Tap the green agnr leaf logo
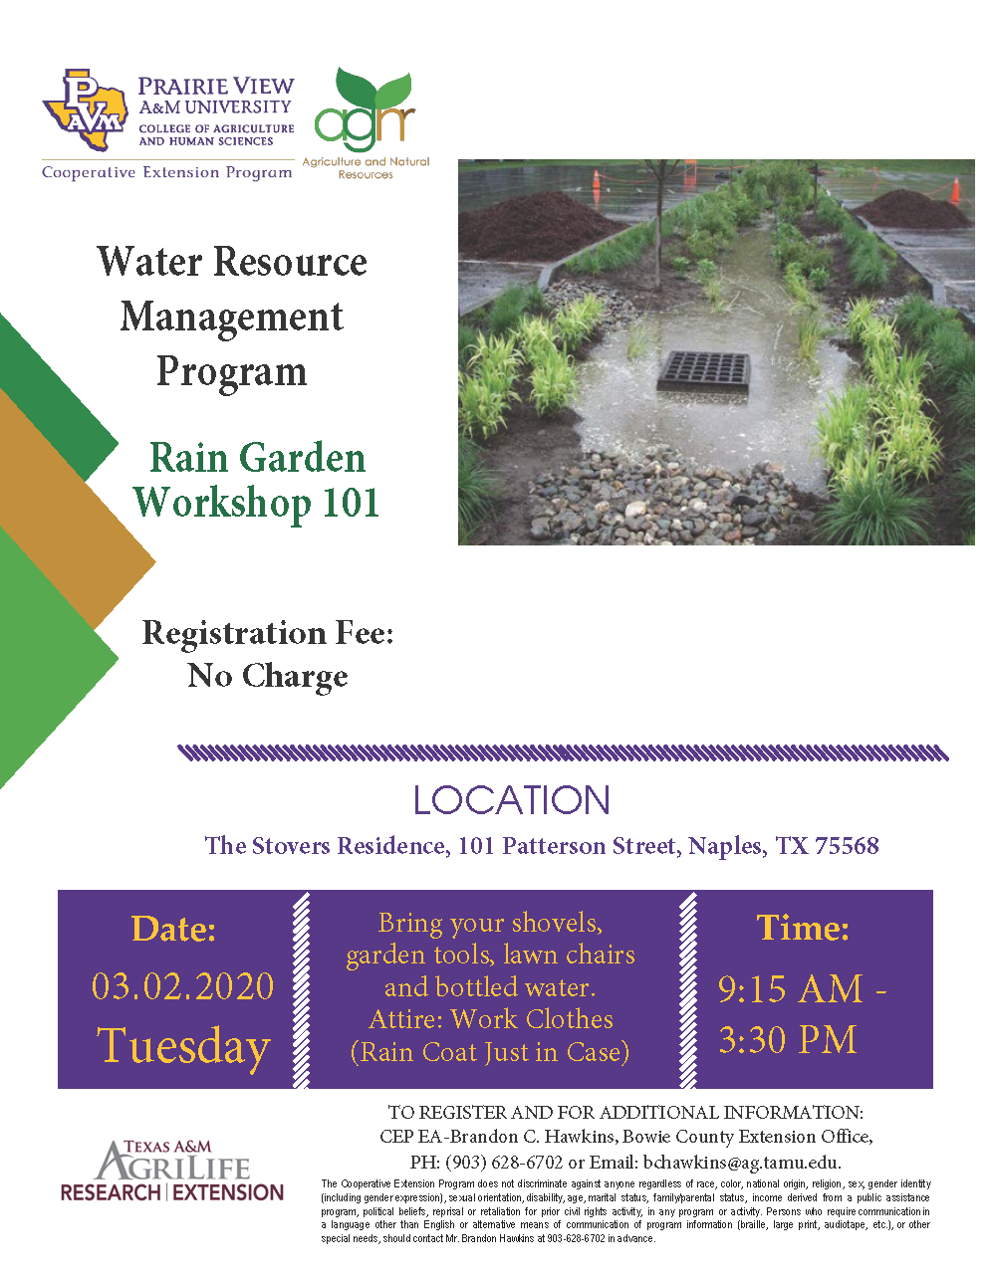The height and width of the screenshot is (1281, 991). point(365,111)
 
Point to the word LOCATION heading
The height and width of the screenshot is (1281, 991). point(512,800)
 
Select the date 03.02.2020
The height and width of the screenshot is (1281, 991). point(182,986)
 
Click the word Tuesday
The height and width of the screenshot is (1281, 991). point(183,1046)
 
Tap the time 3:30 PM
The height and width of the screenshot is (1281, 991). point(788,1040)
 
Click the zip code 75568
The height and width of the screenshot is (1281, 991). point(847,846)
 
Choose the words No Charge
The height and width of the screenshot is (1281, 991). point(268,677)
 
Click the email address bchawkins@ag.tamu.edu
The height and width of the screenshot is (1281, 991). point(741,1162)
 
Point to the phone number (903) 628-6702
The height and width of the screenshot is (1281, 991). point(504,1162)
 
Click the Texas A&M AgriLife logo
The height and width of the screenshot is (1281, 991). point(172,1173)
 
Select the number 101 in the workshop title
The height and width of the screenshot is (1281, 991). point(338,503)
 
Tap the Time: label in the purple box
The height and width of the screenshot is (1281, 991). point(803,928)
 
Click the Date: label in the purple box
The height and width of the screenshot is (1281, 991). point(173,929)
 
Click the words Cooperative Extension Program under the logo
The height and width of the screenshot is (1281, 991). point(167,173)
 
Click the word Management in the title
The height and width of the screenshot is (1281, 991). point(232,317)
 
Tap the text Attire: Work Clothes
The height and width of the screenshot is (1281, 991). point(491,1019)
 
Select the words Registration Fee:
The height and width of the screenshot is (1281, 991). point(268,633)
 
